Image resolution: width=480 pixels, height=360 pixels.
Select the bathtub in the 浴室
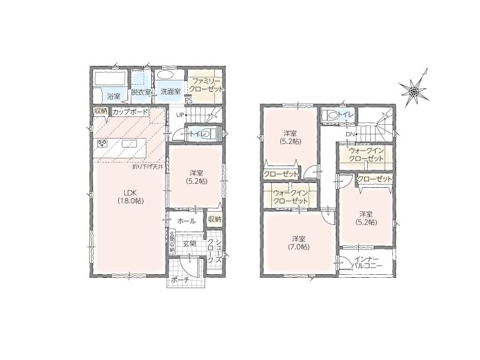point(110,79)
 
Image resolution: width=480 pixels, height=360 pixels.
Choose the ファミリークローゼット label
point(206,85)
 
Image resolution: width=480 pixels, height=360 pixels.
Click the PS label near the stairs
point(188,100)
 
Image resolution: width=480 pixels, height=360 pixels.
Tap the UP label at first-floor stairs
point(179,115)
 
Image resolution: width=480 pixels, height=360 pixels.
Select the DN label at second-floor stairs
point(350,134)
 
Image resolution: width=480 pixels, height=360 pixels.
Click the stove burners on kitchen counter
point(103,143)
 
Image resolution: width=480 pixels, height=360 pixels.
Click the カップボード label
point(130,112)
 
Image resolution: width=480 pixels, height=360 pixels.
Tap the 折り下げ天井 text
point(148,167)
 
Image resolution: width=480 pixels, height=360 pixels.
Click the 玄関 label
point(190,244)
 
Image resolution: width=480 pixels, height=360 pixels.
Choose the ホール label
point(187,221)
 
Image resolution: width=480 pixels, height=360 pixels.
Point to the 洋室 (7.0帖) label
point(298,242)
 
